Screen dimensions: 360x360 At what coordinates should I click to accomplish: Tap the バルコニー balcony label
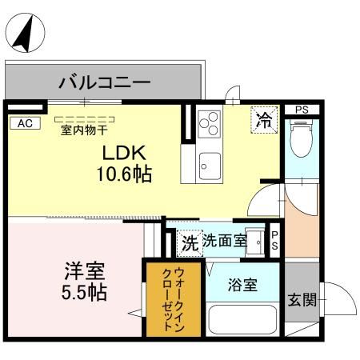(104, 82)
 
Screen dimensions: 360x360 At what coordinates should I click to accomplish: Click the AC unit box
(24, 122)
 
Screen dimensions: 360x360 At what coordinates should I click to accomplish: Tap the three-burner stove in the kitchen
(209, 122)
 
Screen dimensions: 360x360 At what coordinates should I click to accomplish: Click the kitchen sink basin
(210, 167)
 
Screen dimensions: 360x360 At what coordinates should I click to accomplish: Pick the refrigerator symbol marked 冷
(262, 121)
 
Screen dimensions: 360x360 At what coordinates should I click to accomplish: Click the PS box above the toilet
(301, 109)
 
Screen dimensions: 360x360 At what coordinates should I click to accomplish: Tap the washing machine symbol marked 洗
(189, 241)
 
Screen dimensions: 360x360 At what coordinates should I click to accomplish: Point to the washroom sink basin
(255, 240)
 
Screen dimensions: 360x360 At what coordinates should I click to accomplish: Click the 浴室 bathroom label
(242, 285)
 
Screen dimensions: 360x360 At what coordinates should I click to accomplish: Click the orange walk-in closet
(166, 300)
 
